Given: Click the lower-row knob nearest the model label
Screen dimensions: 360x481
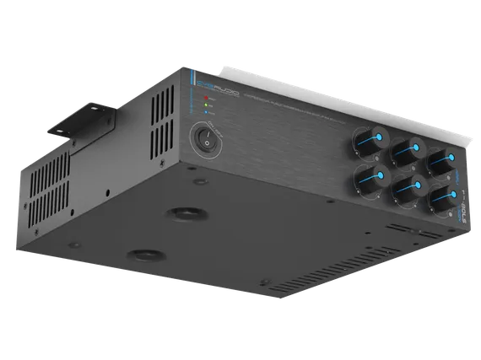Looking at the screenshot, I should pos(445,196).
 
